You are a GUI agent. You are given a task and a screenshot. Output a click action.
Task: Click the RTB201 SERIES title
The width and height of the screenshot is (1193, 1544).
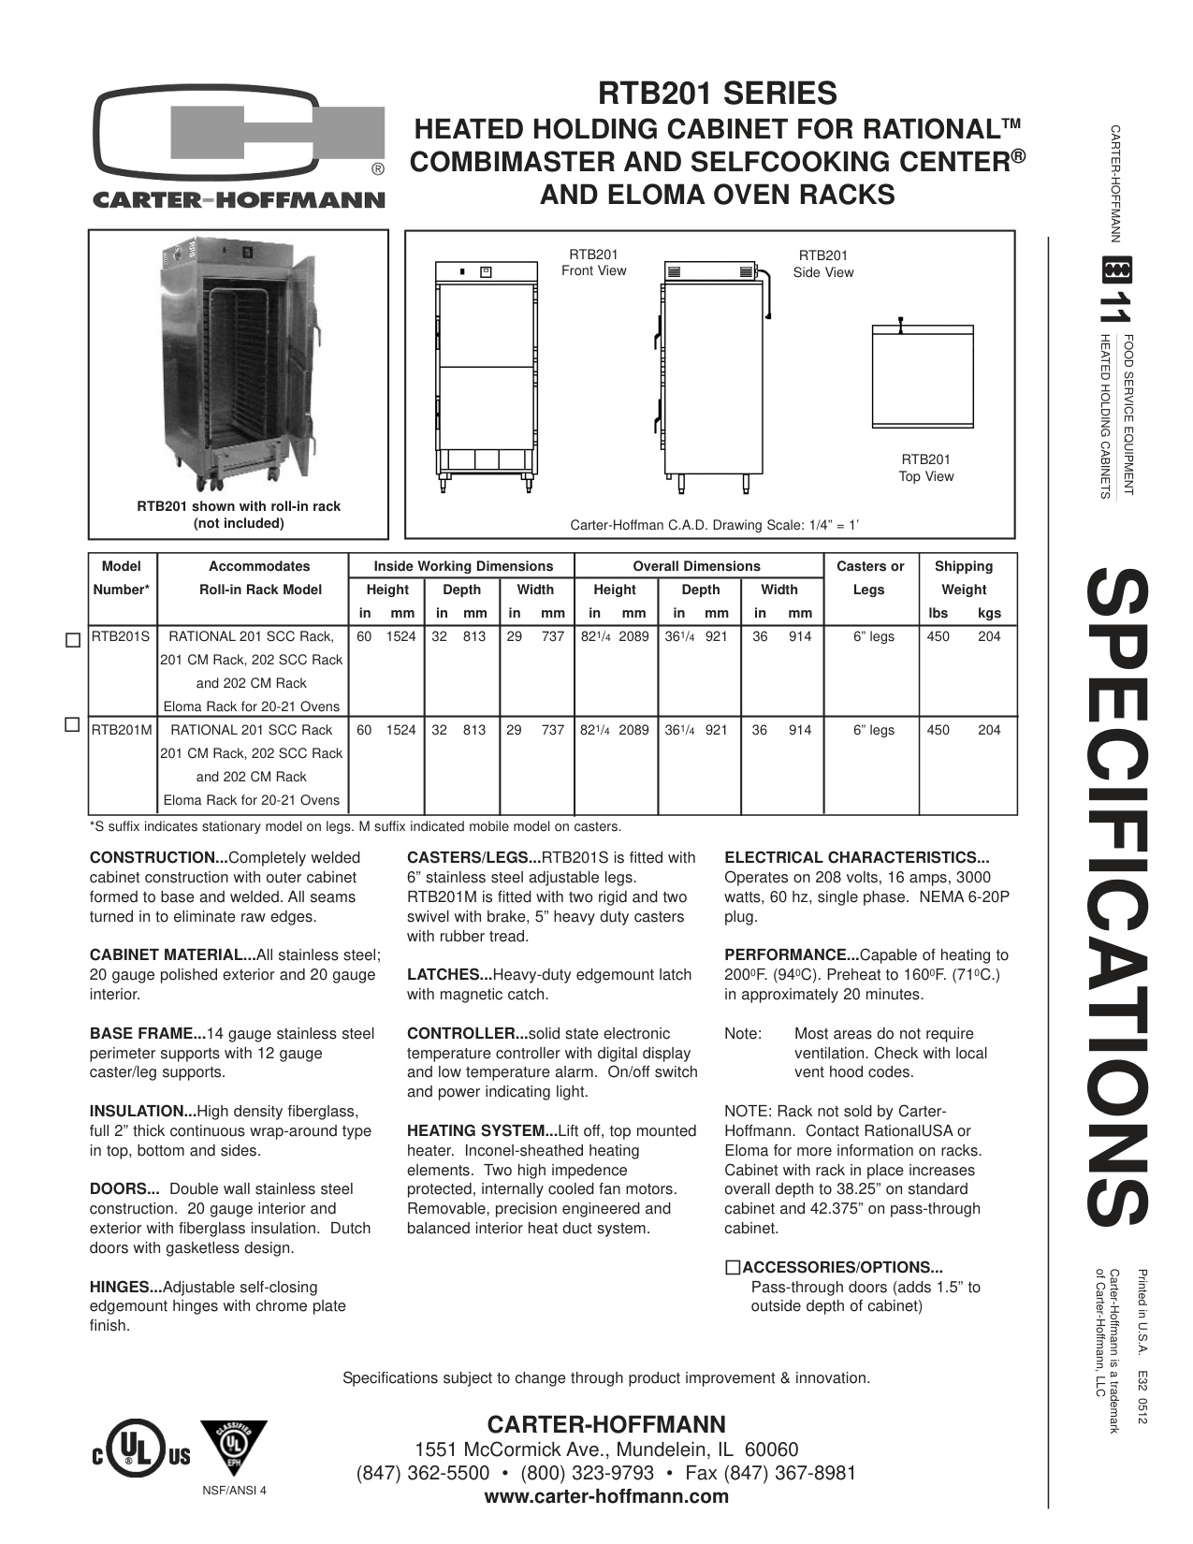pyautogui.click(x=718, y=94)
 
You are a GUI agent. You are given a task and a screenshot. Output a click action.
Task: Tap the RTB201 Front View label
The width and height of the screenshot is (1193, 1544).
pyautogui.click(x=593, y=263)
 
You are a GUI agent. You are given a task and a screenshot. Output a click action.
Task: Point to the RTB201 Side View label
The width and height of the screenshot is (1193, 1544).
pyautogui.click(x=822, y=264)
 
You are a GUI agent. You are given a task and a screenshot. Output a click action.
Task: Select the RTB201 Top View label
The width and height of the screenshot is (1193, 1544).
pyautogui.click(x=925, y=468)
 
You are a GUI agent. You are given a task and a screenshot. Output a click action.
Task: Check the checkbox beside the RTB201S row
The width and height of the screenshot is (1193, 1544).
pyautogui.click(x=73, y=641)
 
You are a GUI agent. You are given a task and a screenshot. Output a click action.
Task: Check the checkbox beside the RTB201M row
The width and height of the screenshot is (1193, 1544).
pyautogui.click(x=73, y=724)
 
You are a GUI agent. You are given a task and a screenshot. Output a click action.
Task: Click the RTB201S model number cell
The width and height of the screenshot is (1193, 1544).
pyautogui.click(x=121, y=637)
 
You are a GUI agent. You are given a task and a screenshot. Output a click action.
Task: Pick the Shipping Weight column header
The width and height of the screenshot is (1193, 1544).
pyautogui.click(x=963, y=578)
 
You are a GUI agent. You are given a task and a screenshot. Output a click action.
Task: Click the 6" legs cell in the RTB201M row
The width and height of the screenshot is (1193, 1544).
pyautogui.click(x=873, y=731)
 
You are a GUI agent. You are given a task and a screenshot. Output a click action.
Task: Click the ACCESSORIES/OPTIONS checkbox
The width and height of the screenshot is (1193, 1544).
pyautogui.click(x=733, y=1268)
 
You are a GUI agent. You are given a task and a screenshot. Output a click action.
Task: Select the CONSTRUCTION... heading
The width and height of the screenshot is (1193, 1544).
pyautogui.click(x=158, y=858)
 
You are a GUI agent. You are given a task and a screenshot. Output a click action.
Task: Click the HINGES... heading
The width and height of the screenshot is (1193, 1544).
pyautogui.click(x=125, y=1288)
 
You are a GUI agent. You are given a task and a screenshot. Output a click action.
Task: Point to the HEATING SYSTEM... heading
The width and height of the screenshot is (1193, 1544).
pyautogui.click(x=481, y=1131)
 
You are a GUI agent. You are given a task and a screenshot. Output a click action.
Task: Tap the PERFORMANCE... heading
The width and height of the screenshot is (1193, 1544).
pyautogui.click(x=791, y=955)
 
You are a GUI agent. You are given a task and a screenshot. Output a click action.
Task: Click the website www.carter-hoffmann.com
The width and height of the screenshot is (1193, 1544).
pyautogui.click(x=605, y=1496)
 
